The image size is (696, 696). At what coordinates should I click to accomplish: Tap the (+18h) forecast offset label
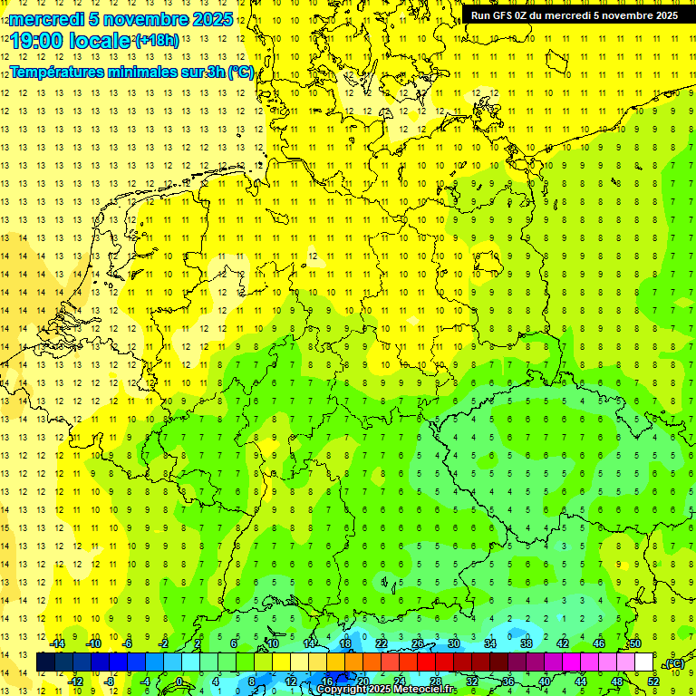pos(157,40)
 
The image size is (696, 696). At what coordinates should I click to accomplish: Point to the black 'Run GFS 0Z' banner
pos(574,15)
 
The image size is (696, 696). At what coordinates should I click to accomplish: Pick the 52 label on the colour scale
pos(653,681)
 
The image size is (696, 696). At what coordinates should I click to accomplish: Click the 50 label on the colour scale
pos(635,643)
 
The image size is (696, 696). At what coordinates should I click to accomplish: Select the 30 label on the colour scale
pos(454,643)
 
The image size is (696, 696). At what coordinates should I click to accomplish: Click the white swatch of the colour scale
pos(643,662)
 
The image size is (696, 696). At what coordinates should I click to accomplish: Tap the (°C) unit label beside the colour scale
pos(673,663)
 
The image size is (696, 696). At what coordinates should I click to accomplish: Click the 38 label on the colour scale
pos(527,643)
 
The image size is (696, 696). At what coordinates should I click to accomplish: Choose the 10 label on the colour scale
pos(273,643)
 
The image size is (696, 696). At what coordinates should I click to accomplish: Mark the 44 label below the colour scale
pos(581,681)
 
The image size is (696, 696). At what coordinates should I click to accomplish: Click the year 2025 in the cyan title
pos(212,19)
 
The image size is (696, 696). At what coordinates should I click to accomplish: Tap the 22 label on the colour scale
pos(382,643)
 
